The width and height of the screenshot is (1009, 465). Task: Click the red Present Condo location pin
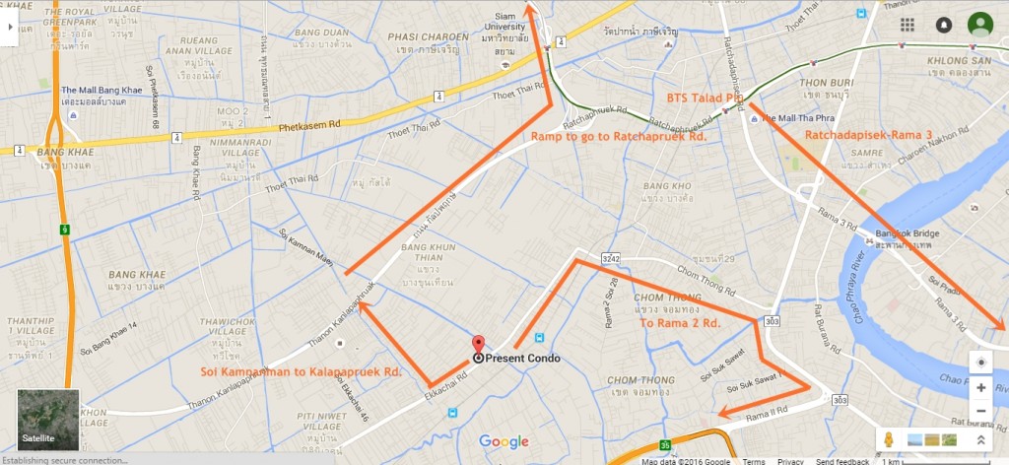479,345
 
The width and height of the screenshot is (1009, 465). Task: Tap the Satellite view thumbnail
48,421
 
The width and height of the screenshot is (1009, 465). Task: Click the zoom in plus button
980,388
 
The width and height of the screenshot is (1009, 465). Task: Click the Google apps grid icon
908,25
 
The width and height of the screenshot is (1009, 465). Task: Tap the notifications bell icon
944,25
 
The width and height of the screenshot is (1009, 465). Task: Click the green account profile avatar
979,25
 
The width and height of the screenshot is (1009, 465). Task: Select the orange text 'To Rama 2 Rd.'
679,322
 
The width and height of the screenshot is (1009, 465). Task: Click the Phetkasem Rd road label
294,127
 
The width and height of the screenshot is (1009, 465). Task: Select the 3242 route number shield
611,257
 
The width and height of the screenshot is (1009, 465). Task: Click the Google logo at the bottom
504,442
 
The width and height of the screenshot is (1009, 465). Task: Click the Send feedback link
842,461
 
